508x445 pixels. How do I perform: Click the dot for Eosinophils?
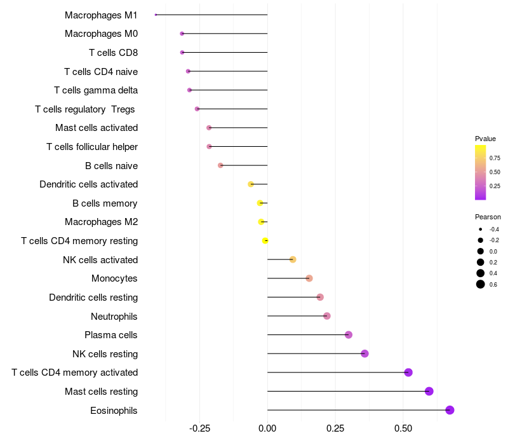[x=450, y=410]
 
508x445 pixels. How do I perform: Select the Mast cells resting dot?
[x=429, y=391]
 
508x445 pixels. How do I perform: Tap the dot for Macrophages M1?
[x=156, y=15]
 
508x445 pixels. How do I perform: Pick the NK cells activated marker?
[x=293, y=259]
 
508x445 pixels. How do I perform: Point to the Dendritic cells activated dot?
[x=251, y=184]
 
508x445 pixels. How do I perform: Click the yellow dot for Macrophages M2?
[x=261, y=222]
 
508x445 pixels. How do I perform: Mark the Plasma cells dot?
[x=348, y=335]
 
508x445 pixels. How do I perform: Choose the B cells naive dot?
[x=220, y=165]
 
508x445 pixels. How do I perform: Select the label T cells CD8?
[x=113, y=52]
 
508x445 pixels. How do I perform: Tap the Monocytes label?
[x=114, y=278]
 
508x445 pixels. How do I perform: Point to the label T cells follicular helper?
[x=92, y=147]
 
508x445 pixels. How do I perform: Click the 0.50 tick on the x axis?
[x=403, y=428]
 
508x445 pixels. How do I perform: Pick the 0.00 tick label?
[x=267, y=428]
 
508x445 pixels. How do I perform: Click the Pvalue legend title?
[x=485, y=139]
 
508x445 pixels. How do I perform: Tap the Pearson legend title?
[x=488, y=217]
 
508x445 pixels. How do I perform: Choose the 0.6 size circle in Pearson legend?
[x=481, y=284]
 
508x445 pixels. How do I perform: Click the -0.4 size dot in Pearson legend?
[x=481, y=229]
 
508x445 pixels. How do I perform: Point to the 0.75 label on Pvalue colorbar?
[x=495, y=158]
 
